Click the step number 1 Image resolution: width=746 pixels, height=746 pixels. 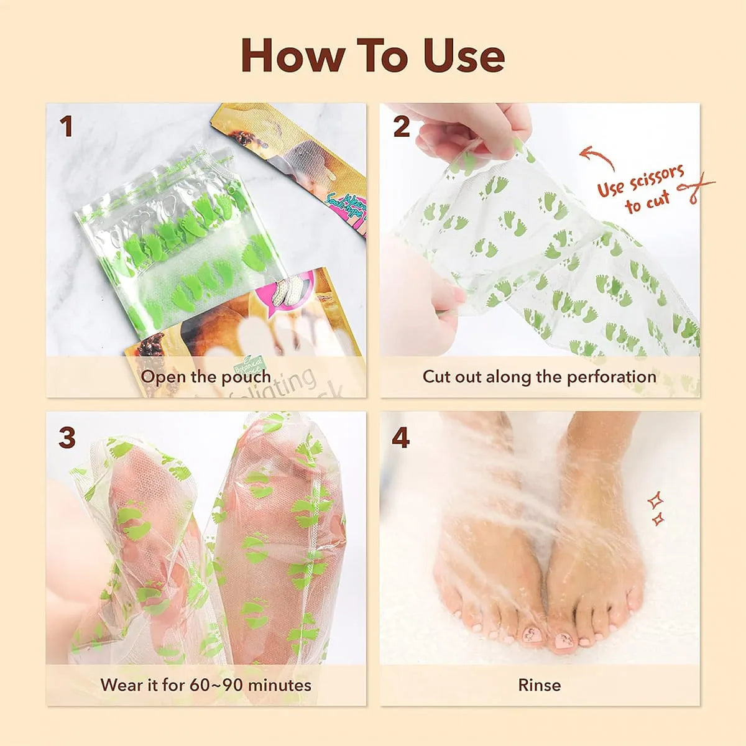pos(66,127)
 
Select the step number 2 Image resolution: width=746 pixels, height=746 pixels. pos(402,127)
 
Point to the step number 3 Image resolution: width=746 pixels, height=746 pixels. pos(67,438)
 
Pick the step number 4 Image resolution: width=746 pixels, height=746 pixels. pos(401,438)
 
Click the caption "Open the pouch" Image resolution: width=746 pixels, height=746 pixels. pos(206,377)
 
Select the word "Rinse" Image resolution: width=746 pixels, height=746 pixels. pos(539,685)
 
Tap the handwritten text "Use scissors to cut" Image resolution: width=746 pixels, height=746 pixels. pos(640,189)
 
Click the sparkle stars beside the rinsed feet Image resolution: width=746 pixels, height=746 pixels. pos(655,509)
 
